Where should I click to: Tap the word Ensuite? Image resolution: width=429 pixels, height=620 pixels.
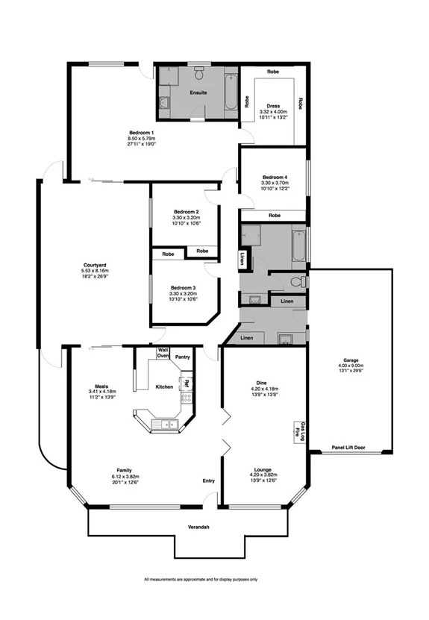pos(198,93)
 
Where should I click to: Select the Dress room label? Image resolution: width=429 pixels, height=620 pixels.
pos(272,106)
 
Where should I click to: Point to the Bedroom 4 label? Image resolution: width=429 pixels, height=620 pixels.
pos(272,177)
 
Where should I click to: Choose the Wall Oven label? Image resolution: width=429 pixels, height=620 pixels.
pos(162,353)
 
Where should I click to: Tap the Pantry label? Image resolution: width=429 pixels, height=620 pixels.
pos(183,357)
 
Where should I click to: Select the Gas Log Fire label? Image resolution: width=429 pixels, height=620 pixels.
pos(296,430)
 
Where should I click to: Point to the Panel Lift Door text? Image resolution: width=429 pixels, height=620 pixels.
pos(348,448)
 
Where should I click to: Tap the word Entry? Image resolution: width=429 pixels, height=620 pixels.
pos(208,480)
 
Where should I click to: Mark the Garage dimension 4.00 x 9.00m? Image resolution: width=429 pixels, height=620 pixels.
pos(347,366)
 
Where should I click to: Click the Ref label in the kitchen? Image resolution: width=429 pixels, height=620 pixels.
pos(187,383)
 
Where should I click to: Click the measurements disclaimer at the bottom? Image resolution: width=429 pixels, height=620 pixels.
pos(201,579)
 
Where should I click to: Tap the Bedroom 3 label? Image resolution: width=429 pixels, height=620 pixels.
pos(183,287)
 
